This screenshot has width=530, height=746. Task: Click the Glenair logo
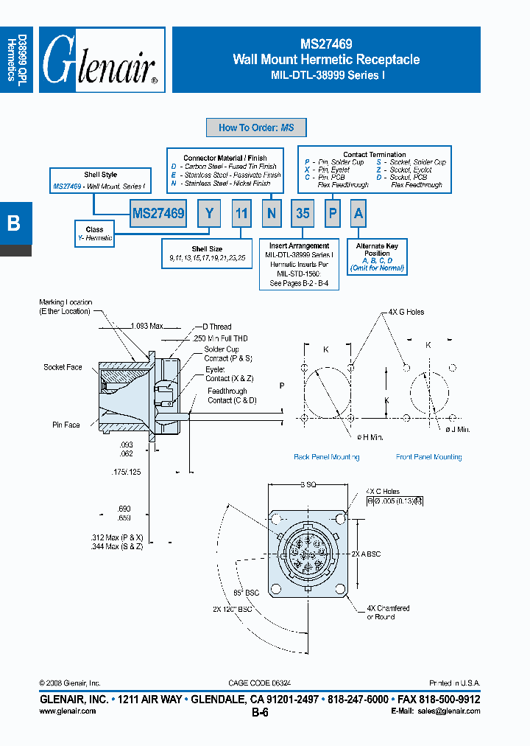pyautogui.click(x=102, y=60)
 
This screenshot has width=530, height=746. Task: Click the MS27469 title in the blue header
pyautogui.click(x=326, y=44)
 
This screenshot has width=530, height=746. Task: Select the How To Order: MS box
pyautogui.click(x=256, y=128)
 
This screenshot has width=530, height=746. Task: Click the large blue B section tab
pyautogui.click(x=15, y=223)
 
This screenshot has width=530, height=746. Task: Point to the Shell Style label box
pyautogui.click(x=99, y=181)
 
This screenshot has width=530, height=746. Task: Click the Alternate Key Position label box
pyautogui.click(x=377, y=257)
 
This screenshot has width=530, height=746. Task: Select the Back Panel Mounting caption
pyautogui.click(x=326, y=457)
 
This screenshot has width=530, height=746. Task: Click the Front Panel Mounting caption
pyautogui.click(x=428, y=457)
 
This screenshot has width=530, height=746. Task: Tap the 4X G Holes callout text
pyautogui.click(x=406, y=313)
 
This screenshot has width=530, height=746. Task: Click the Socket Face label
pyautogui.click(x=63, y=367)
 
